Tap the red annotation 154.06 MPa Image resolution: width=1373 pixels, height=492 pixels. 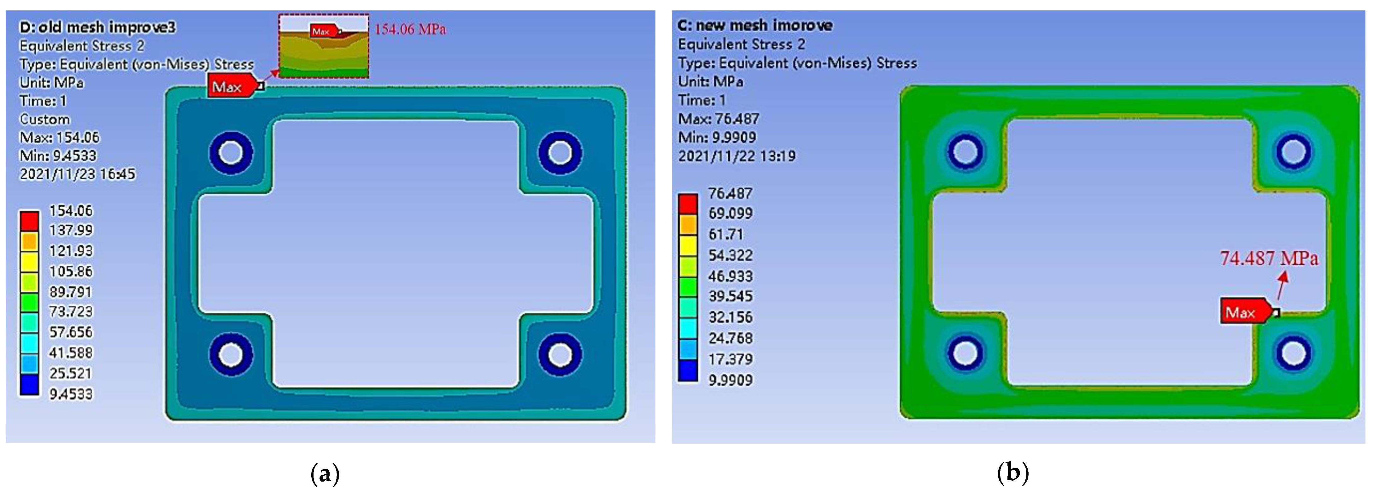click(410, 29)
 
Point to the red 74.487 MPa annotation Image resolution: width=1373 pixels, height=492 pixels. click(1269, 258)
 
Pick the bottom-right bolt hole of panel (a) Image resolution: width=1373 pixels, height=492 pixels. click(560, 354)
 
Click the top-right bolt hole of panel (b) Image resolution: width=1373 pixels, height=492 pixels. click(1293, 151)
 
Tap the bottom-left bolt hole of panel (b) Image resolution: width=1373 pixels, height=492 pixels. click(965, 352)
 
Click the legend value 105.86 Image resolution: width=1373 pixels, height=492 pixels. click(71, 271)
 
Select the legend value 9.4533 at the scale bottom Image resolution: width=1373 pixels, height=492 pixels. click(71, 394)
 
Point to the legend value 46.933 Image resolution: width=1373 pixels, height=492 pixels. click(730, 276)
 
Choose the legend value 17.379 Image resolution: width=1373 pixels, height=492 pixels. click(730, 359)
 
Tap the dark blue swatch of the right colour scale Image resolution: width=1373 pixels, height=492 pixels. click(688, 370)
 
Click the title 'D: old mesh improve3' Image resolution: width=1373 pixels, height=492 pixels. click(97, 27)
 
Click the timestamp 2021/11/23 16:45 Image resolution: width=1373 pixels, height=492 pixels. click(77, 174)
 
